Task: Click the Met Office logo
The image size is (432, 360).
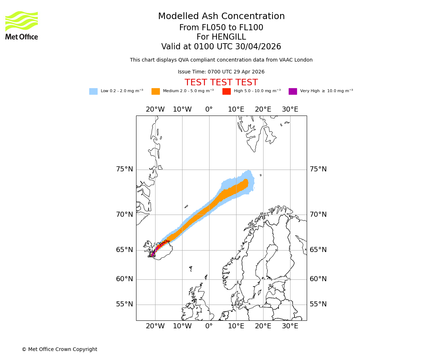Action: tap(22, 25)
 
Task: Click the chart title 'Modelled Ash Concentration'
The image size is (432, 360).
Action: tap(221, 17)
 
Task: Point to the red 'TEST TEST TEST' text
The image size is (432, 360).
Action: tap(221, 83)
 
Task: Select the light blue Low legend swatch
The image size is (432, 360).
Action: tap(93, 91)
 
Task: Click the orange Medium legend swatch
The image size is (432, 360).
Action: tap(156, 91)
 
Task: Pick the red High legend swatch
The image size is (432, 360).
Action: tap(226, 91)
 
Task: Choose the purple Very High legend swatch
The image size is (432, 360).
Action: tap(293, 91)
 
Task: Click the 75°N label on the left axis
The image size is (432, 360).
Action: tap(124, 169)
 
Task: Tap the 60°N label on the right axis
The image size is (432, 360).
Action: tap(318, 279)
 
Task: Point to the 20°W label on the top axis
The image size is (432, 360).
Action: tap(155, 109)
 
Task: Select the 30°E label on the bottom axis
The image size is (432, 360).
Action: tap(290, 326)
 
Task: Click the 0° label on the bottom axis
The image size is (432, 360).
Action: tap(209, 326)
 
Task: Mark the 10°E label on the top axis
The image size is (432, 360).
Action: tap(236, 109)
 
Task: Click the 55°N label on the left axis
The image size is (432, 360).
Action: tap(124, 304)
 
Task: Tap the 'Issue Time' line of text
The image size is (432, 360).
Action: tap(221, 72)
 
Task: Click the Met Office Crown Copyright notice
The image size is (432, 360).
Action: tap(59, 350)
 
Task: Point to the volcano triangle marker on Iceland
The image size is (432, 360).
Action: tap(152, 254)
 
